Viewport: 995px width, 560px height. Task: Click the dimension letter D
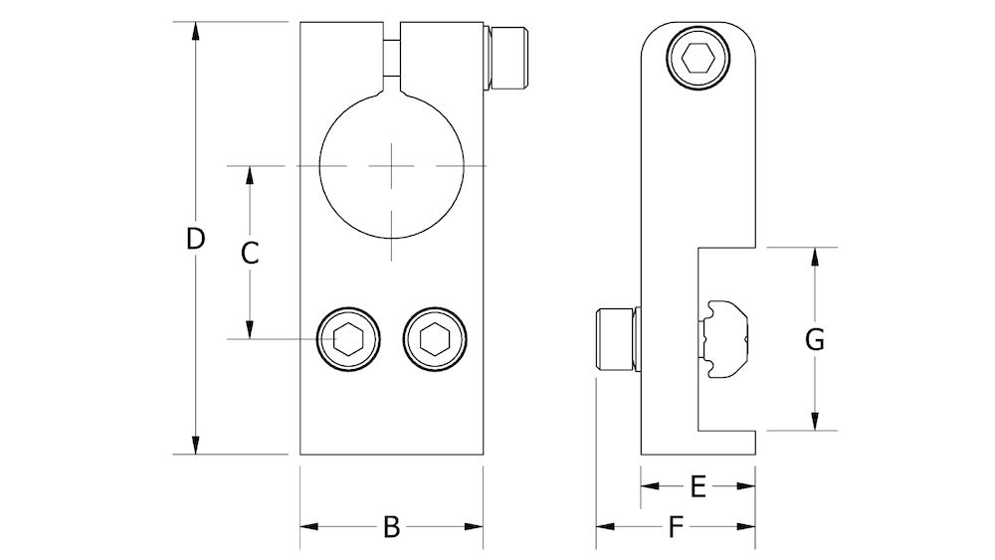(x=196, y=239)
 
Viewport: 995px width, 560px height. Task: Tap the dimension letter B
(x=391, y=527)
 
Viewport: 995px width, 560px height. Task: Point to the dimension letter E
(x=697, y=486)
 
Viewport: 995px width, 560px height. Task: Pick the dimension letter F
(x=676, y=528)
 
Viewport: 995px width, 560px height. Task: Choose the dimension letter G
(x=814, y=340)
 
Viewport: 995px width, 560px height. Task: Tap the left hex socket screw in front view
(x=348, y=340)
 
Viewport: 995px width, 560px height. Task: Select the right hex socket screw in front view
(x=434, y=340)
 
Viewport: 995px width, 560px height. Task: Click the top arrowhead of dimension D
(x=197, y=30)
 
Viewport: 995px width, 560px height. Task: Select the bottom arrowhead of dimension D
(x=197, y=447)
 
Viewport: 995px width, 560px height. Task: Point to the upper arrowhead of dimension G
(x=815, y=256)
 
